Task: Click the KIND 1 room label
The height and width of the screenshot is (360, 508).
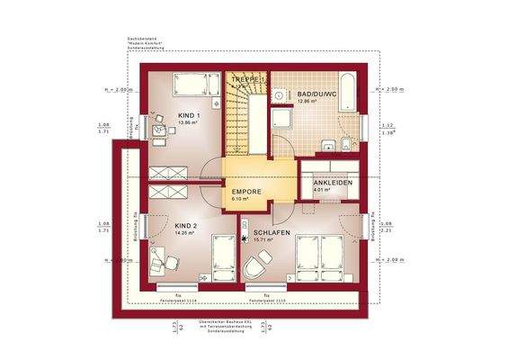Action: point(189,115)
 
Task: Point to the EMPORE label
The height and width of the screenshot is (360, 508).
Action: point(245,193)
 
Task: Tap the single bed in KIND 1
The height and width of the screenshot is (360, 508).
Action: point(197,85)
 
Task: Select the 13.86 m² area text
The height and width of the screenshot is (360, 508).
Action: point(188,122)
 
